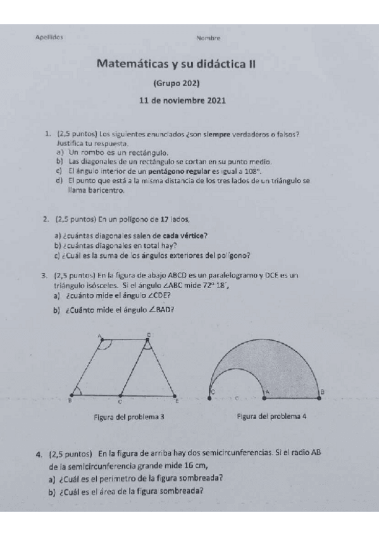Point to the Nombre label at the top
(x=208, y=39)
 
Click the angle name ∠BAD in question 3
(x=159, y=309)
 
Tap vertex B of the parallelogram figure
(x=69, y=400)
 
